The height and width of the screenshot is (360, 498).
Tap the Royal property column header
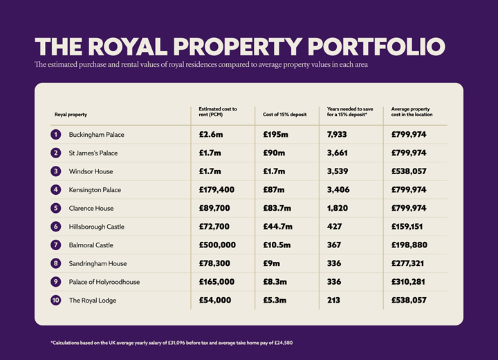pos(71,114)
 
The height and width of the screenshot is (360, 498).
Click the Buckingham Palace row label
pos(96,134)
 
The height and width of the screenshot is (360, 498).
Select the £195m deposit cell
pos(277,134)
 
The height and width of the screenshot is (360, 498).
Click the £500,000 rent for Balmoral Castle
pos(217,245)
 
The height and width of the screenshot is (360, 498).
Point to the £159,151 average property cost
pos(409,227)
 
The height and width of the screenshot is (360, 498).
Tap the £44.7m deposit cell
pos(278,227)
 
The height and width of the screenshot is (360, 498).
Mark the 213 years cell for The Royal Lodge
pos(334,301)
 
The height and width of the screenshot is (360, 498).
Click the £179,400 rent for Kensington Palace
pos(217,190)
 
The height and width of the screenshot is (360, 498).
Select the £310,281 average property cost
pos(409,282)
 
